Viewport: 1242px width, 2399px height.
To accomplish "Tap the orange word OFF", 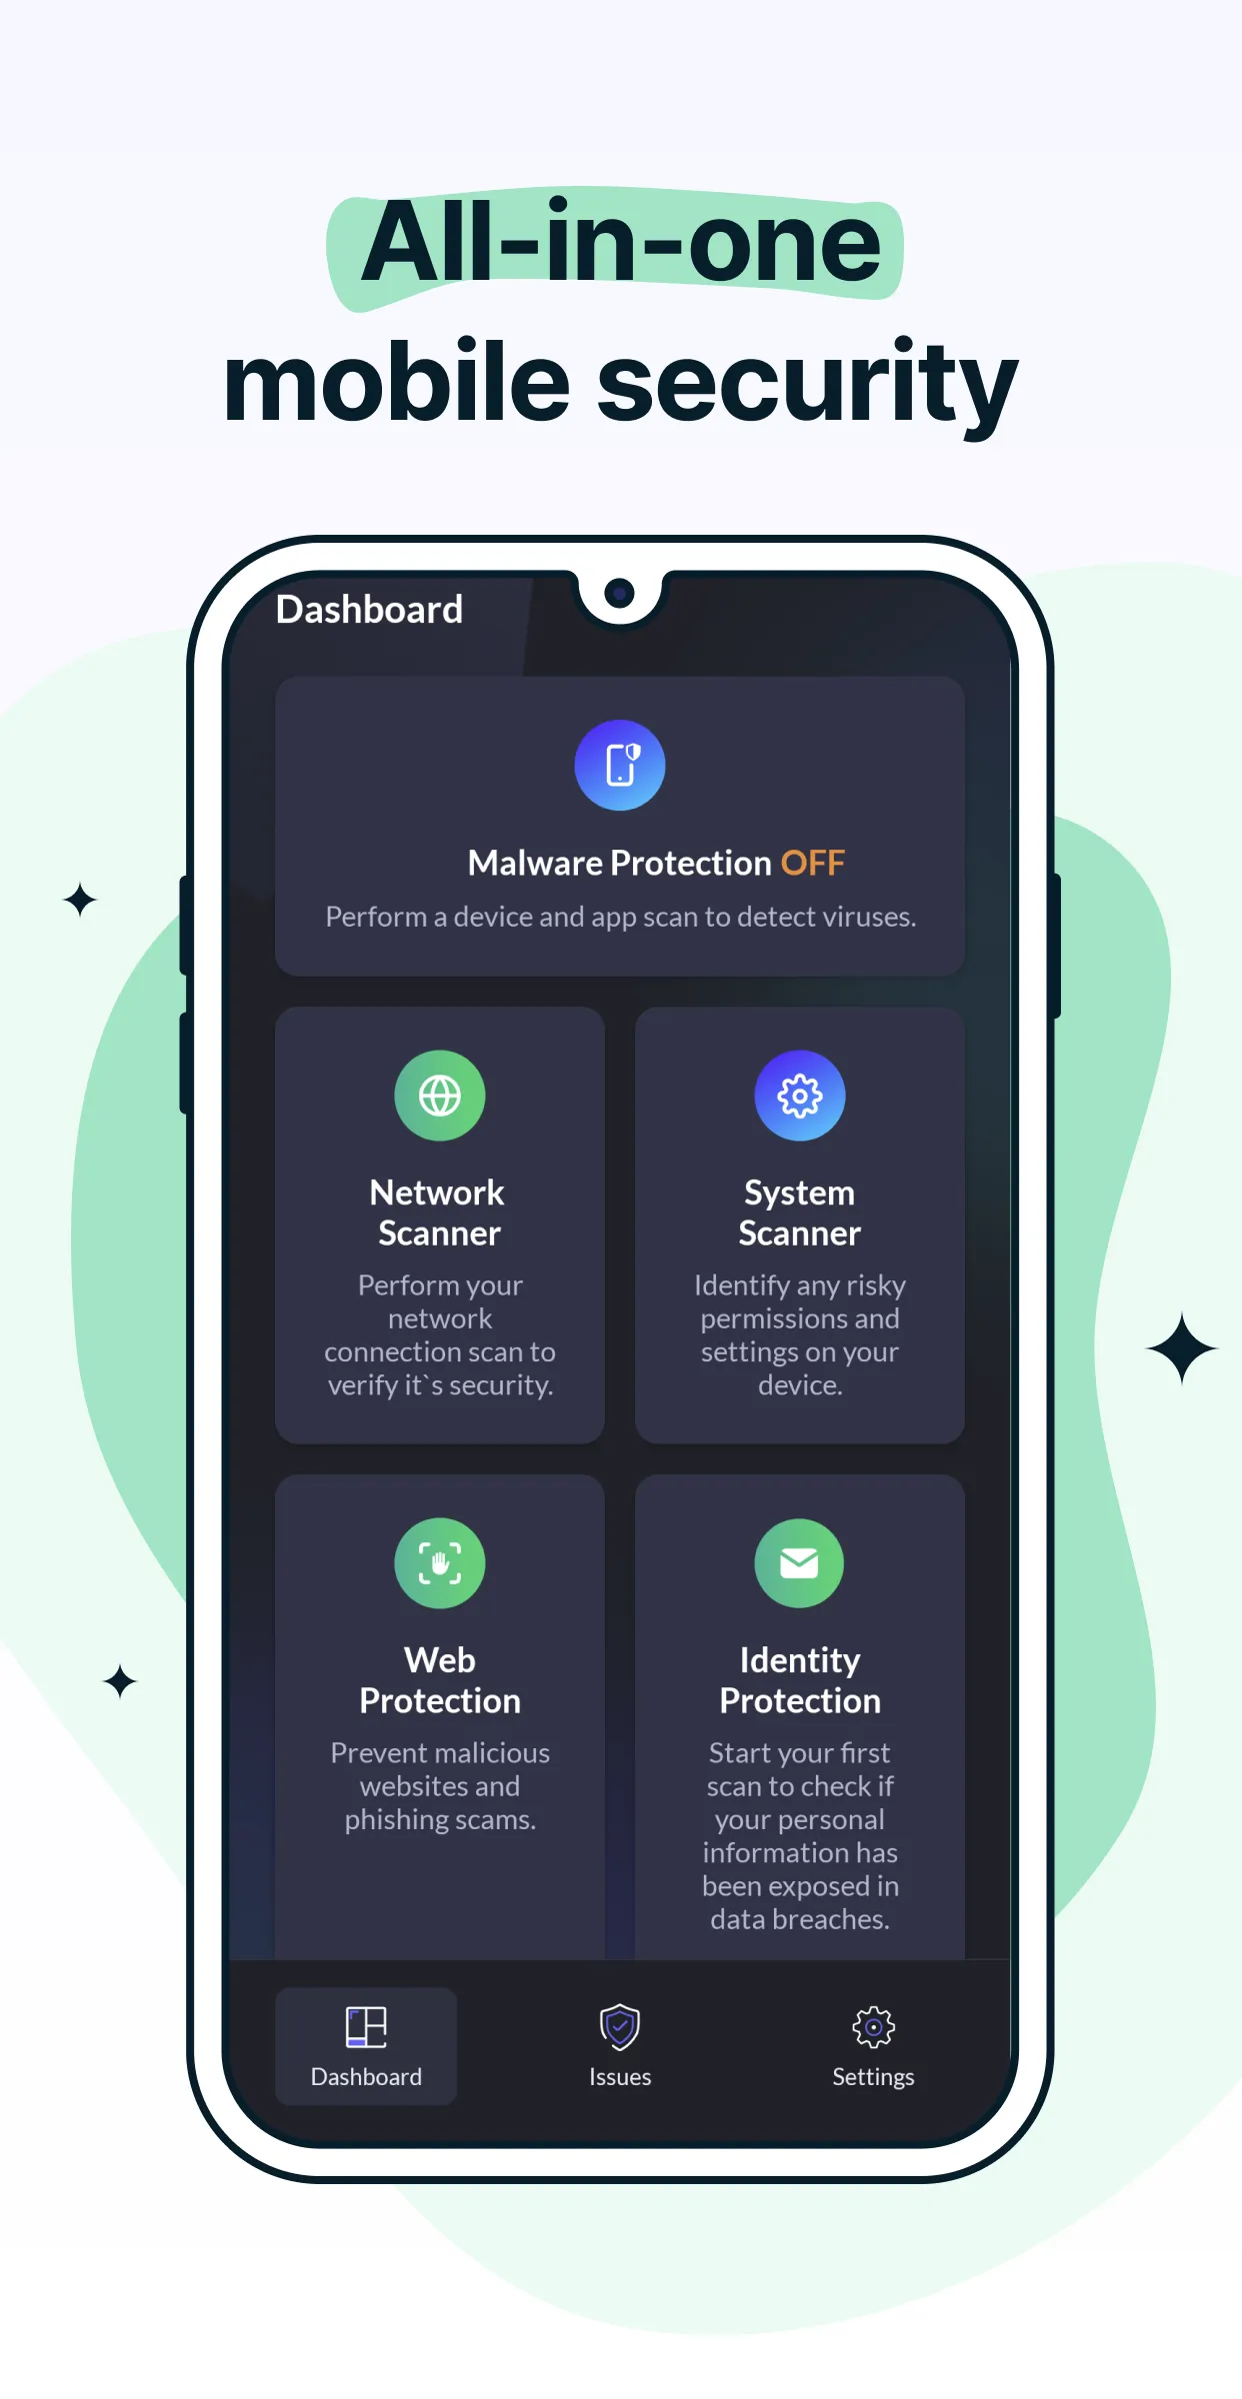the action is point(812,863).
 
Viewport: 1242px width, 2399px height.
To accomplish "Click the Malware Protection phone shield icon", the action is point(620,766).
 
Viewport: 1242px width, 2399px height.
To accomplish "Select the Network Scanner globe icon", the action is point(440,1096).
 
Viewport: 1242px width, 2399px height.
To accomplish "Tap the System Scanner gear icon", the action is point(800,1096).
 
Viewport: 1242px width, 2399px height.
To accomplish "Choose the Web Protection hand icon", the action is point(440,1563).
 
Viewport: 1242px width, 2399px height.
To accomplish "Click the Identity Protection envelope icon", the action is point(800,1563).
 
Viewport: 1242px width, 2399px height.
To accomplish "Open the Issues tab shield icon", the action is point(620,2027).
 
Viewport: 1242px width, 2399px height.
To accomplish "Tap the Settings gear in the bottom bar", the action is point(873,2027).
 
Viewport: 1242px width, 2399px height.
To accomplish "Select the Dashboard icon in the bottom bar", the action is point(366,2027).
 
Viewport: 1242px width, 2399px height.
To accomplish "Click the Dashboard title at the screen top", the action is point(369,610).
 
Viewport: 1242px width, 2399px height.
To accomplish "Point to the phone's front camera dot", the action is point(620,594).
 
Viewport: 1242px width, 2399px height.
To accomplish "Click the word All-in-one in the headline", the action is point(621,242).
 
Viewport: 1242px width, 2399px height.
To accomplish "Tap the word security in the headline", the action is point(807,385).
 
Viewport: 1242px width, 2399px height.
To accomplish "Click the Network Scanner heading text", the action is point(439,1212).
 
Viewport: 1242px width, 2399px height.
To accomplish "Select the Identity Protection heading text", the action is point(800,1680).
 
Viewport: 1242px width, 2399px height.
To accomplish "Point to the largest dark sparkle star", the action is point(1182,1348).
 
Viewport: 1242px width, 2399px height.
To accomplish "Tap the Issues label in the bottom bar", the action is point(620,2077).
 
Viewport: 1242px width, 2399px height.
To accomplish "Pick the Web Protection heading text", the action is point(440,1680).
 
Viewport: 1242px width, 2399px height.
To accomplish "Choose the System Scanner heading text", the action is point(800,1212).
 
